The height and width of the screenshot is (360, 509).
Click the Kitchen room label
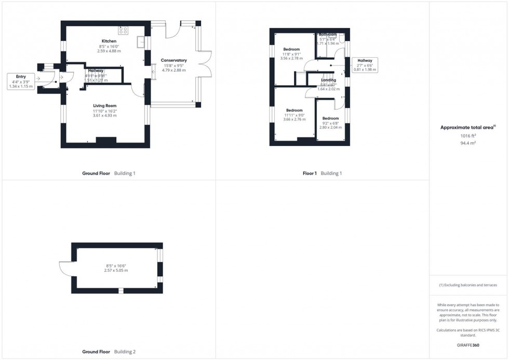coord(109,41)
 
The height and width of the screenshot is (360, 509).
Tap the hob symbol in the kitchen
coord(124,30)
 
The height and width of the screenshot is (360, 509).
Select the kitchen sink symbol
coord(140,41)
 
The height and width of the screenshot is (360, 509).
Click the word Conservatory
coord(173,60)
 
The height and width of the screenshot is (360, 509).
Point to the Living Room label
coord(104,105)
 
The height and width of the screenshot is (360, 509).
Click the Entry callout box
coord(21,81)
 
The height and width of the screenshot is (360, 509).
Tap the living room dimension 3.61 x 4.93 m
coord(104,115)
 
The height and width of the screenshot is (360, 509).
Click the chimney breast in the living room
coord(106,140)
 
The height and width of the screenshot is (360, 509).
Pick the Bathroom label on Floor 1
coord(328,34)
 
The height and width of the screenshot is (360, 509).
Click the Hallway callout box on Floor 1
coord(365,64)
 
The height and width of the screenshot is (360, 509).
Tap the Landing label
coord(328,80)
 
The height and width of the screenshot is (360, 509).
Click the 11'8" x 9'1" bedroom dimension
coord(291,54)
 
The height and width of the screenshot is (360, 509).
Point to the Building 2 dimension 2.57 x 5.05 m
coord(116,271)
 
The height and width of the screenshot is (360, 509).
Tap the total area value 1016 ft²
coord(468,136)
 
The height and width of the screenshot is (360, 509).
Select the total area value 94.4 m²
coord(468,142)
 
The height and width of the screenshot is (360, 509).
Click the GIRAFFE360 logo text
coord(468,344)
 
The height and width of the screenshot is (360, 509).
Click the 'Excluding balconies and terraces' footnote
coord(468,285)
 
